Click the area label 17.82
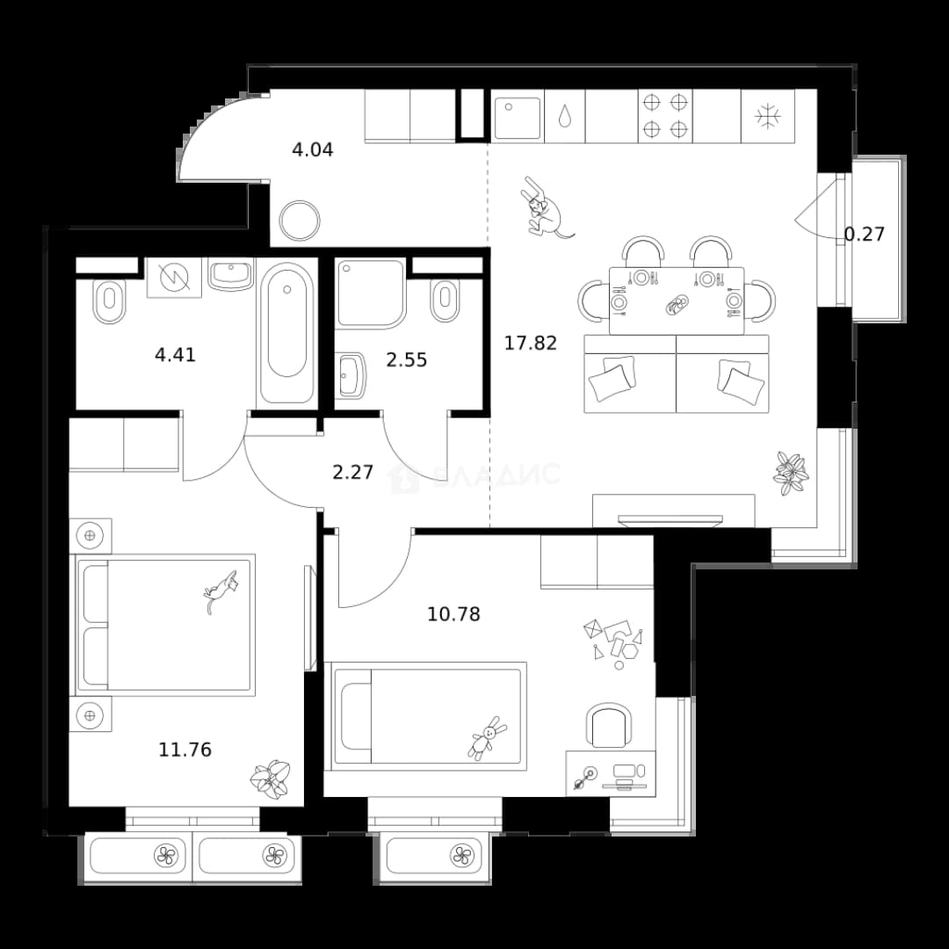pyautogui.click(x=530, y=344)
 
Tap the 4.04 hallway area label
pyautogui.click(x=312, y=149)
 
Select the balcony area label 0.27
pyautogui.click(x=865, y=235)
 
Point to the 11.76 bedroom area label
pyautogui.click(x=185, y=750)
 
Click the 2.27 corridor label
pyautogui.click(x=353, y=472)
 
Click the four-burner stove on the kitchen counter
pyautogui.click(x=665, y=116)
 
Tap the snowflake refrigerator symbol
pyautogui.click(x=767, y=116)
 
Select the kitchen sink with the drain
pyautogui.click(x=518, y=118)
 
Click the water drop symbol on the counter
pyautogui.click(x=564, y=116)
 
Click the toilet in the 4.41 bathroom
pyautogui.click(x=110, y=301)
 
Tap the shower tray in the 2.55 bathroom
pyautogui.click(x=371, y=294)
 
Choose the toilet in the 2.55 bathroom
pyautogui.click(x=445, y=301)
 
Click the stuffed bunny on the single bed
pyautogui.click(x=487, y=738)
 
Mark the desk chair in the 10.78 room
pyautogui.click(x=609, y=725)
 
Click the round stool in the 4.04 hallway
pyautogui.click(x=300, y=221)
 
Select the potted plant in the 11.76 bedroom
pyautogui.click(x=270, y=779)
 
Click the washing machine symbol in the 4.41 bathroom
pyautogui.click(x=174, y=278)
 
